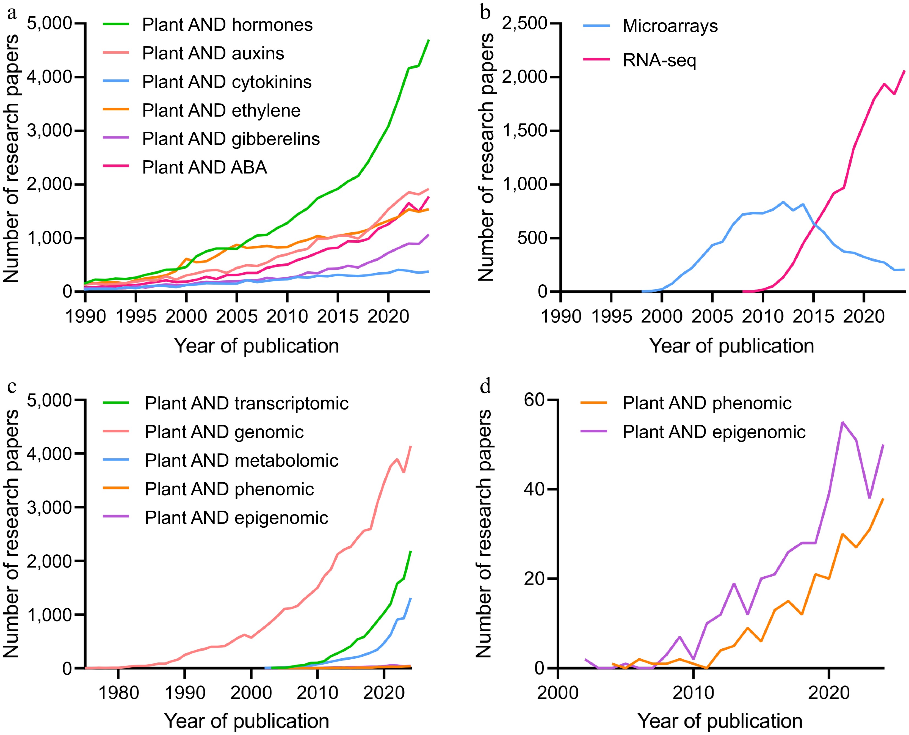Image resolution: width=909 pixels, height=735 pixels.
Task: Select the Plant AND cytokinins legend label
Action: (x=226, y=82)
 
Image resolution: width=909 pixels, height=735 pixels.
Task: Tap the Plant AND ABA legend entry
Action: (x=205, y=167)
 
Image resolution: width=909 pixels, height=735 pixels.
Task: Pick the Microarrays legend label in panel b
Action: (x=670, y=26)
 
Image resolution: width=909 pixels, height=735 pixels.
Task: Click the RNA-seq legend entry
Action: (x=659, y=60)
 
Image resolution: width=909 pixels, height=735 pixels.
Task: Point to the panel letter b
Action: (x=485, y=13)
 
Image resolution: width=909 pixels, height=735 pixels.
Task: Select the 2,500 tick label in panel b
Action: (x=524, y=23)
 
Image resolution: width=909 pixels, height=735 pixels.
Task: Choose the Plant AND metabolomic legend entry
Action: (x=241, y=461)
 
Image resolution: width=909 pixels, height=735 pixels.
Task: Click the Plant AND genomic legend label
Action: (x=224, y=432)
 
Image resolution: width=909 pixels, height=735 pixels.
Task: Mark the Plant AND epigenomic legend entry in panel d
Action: (x=714, y=432)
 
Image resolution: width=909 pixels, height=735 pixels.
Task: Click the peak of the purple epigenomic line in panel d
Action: (x=842, y=422)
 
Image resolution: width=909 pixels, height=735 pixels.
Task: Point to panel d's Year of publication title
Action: (x=719, y=721)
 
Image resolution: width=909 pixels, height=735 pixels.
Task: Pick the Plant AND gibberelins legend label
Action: (x=231, y=139)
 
